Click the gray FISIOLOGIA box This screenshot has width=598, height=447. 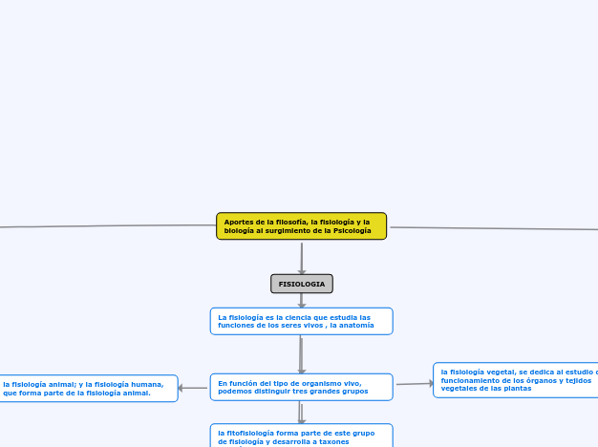[302, 284]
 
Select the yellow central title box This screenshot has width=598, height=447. [301, 226]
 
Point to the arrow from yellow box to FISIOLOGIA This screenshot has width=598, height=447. [302, 258]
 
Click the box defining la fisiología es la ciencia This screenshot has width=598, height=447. [301, 321]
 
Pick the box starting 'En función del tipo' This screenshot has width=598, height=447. [301, 387]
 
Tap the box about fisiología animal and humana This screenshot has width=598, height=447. [89, 389]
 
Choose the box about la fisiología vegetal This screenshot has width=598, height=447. [516, 380]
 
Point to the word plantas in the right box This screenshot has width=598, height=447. [518, 389]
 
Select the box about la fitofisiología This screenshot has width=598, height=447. [301, 436]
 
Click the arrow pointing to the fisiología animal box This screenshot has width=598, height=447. [193, 389]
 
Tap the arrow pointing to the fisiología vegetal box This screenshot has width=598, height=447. [416, 384]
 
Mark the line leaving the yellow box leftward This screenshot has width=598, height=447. [108, 226]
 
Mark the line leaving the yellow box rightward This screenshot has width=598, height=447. [494, 228]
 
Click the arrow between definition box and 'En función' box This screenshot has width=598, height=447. [301, 354]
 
